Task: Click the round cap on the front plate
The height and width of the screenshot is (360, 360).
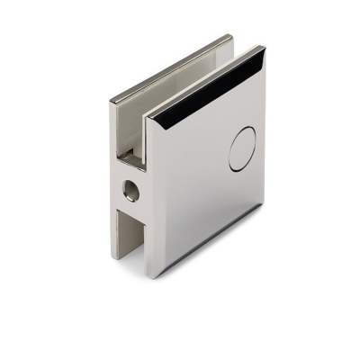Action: (242, 149)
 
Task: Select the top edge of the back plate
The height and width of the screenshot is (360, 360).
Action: (171, 61)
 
